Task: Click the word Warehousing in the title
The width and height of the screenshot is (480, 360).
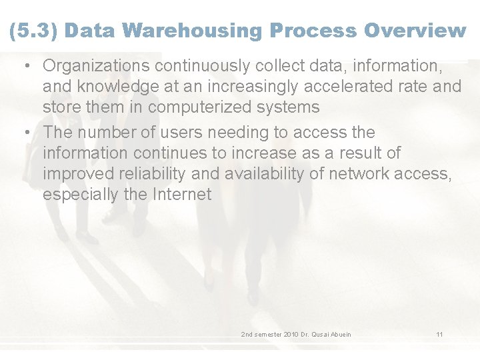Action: (193, 31)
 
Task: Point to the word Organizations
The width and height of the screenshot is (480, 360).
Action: (97, 66)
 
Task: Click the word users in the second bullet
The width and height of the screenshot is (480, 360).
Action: (199, 133)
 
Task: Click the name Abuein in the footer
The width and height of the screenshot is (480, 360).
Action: (339, 334)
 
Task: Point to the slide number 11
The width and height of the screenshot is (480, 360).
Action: (439, 334)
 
